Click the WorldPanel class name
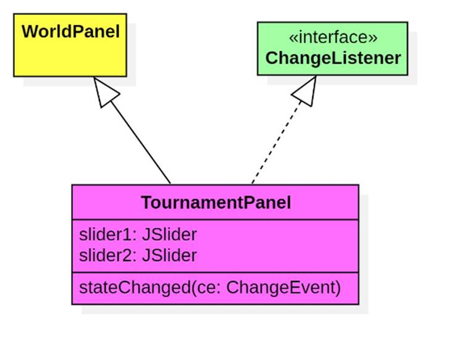point(70,31)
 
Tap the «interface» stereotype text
point(333,38)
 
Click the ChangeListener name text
point(333,58)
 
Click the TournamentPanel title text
point(216,203)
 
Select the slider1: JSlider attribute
point(138,235)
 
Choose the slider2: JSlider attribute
point(138,255)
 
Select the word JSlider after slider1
point(169,235)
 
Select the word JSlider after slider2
point(169,255)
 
